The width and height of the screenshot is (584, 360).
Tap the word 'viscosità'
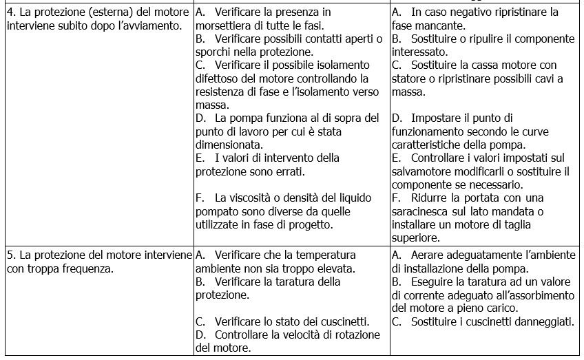coord(247,198)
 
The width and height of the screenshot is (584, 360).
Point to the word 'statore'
coord(410,78)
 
